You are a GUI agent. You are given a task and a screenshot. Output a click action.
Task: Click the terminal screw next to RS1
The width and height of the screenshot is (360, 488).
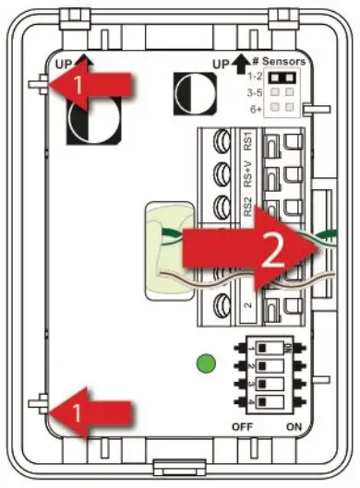click(x=222, y=142)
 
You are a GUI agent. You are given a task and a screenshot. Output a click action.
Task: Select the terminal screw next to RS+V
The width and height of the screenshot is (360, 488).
click(x=222, y=173)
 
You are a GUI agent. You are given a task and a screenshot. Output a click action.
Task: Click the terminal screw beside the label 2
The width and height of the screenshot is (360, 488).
click(x=222, y=304)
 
